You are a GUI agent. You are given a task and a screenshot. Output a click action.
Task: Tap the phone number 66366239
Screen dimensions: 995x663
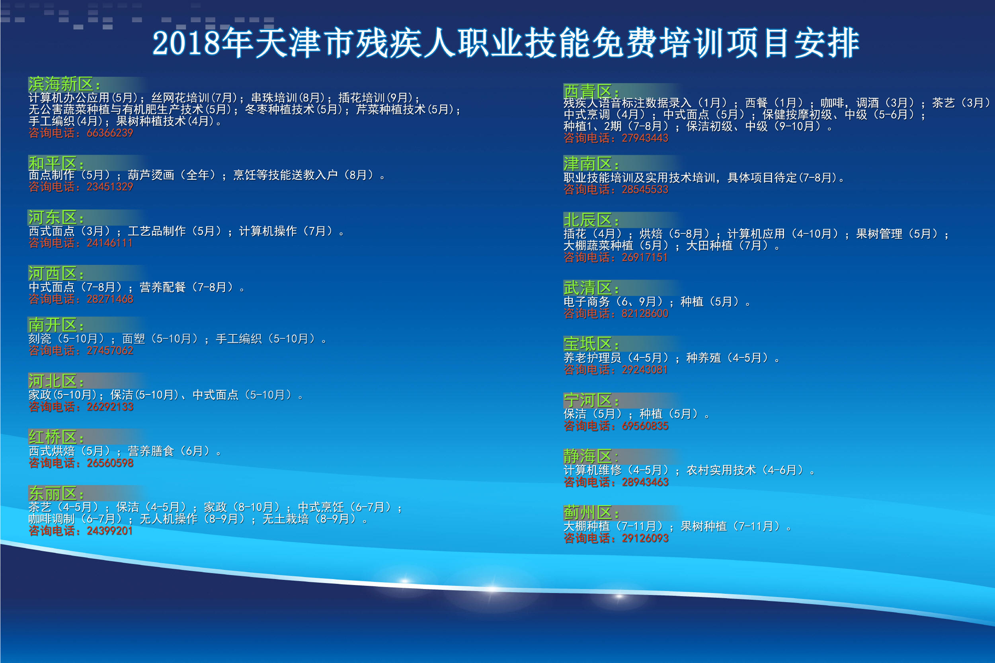click(x=110, y=133)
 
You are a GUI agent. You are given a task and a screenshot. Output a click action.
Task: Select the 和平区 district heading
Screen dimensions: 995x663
click(x=56, y=163)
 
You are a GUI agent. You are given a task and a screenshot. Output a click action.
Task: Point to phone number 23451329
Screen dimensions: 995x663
click(x=110, y=187)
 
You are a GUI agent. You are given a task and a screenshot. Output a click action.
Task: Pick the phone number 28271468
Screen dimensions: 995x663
click(x=110, y=299)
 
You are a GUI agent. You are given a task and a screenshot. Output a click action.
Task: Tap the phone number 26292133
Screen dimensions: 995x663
click(x=110, y=407)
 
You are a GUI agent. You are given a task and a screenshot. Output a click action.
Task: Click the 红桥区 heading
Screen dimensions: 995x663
click(x=56, y=437)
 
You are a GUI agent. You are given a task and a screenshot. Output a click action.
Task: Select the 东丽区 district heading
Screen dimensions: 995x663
click(x=56, y=493)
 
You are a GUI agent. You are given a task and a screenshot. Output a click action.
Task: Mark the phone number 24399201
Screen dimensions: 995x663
click(x=110, y=531)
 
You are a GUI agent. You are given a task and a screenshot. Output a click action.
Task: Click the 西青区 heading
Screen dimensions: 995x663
click(x=591, y=91)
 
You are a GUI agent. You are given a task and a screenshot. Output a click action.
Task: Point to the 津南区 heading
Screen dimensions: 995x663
click(x=591, y=163)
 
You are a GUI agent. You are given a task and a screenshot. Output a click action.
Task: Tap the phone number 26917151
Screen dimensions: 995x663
click(x=645, y=257)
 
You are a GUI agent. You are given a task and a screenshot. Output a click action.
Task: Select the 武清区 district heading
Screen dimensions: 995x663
click(x=591, y=288)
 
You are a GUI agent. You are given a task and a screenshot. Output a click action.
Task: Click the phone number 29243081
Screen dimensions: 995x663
click(x=645, y=370)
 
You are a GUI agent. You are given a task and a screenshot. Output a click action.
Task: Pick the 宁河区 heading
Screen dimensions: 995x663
click(x=591, y=400)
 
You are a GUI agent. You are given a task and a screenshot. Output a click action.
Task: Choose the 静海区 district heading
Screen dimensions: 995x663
click(x=591, y=456)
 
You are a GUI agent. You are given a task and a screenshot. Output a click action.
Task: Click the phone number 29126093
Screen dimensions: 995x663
click(x=645, y=539)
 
